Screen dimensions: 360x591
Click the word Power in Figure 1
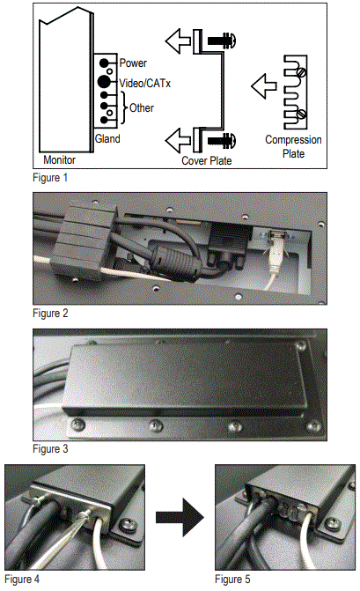click(x=133, y=63)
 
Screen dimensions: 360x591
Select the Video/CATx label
click(x=145, y=83)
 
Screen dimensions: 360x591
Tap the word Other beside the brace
click(x=142, y=108)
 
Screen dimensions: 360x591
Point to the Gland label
click(x=107, y=138)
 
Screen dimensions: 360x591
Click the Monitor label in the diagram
click(x=60, y=159)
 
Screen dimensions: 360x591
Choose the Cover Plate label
click(x=206, y=160)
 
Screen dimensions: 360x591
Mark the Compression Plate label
click(x=293, y=146)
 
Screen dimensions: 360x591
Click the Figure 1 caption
click(x=50, y=178)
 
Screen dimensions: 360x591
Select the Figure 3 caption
click(x=50, y=449)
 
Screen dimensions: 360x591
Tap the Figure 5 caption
click(x=232, y=579)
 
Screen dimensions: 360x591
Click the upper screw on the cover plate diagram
click(x=222, y=40)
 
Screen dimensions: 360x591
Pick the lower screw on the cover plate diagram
click(x=222, y=140)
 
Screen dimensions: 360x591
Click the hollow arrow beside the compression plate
click(x=263, y=86)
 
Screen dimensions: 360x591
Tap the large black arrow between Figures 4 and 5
click(x=180, y=517)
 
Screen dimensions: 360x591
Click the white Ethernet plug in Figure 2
click(x=276, y=251)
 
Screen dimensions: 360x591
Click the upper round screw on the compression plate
click(x=301, y=71)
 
